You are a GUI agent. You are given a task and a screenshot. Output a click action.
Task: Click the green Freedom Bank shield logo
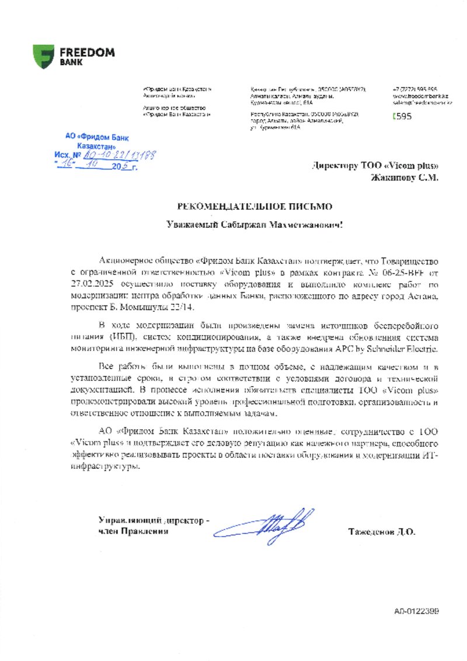[x=44, y=57]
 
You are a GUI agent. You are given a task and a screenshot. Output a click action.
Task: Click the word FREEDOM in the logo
[x=86, y=52]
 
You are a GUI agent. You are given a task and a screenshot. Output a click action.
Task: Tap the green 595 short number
[x=403, y=116]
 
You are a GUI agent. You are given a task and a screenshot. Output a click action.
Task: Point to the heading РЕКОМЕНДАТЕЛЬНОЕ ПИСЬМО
[x=256, y=206]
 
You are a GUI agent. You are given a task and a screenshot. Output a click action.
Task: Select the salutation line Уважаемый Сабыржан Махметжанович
[x=255, y=224]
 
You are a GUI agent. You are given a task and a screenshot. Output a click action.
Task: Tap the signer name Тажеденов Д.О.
[x=381, y=532]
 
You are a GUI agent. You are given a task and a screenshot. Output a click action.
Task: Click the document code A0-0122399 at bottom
[x=416, y=611]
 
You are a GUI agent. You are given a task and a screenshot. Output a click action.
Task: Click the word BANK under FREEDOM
[x=71, y=61]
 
